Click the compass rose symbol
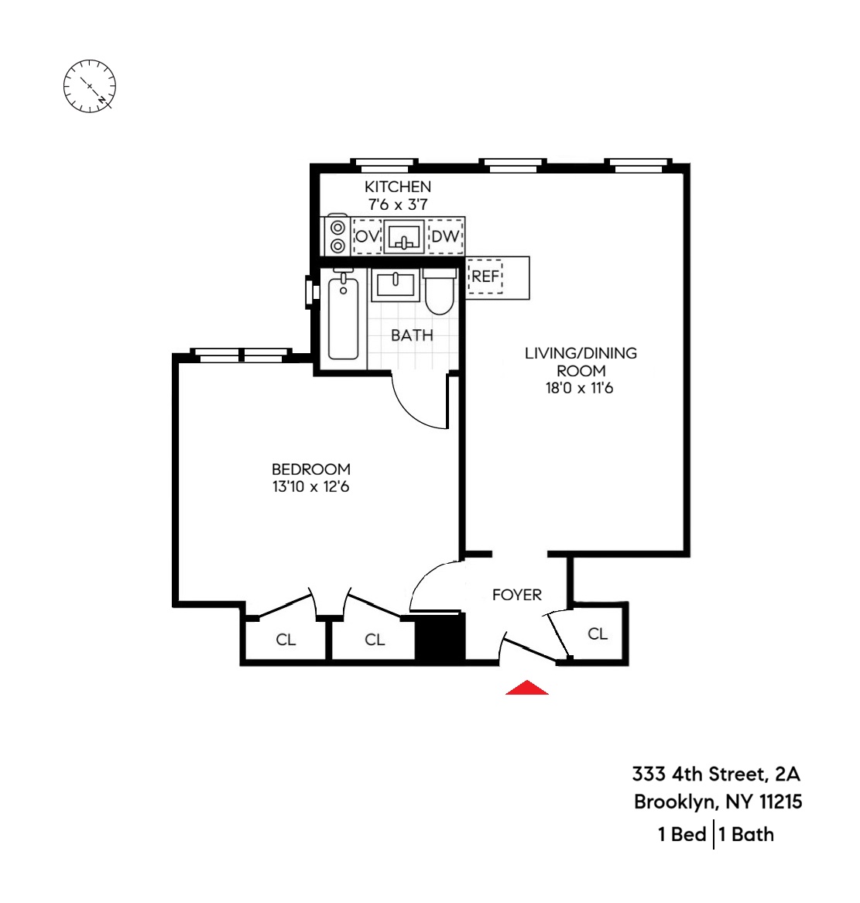89,85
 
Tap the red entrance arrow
527,687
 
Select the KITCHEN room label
398,187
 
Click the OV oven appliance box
367,236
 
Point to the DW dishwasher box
445,236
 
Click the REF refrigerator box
485,276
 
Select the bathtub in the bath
343,318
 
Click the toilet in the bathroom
440,294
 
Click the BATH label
412,335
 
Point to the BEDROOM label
310,469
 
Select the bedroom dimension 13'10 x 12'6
310,487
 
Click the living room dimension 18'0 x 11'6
579,388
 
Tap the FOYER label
517,595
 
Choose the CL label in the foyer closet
598,633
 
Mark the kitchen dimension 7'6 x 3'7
398,205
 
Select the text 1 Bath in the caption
746,834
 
